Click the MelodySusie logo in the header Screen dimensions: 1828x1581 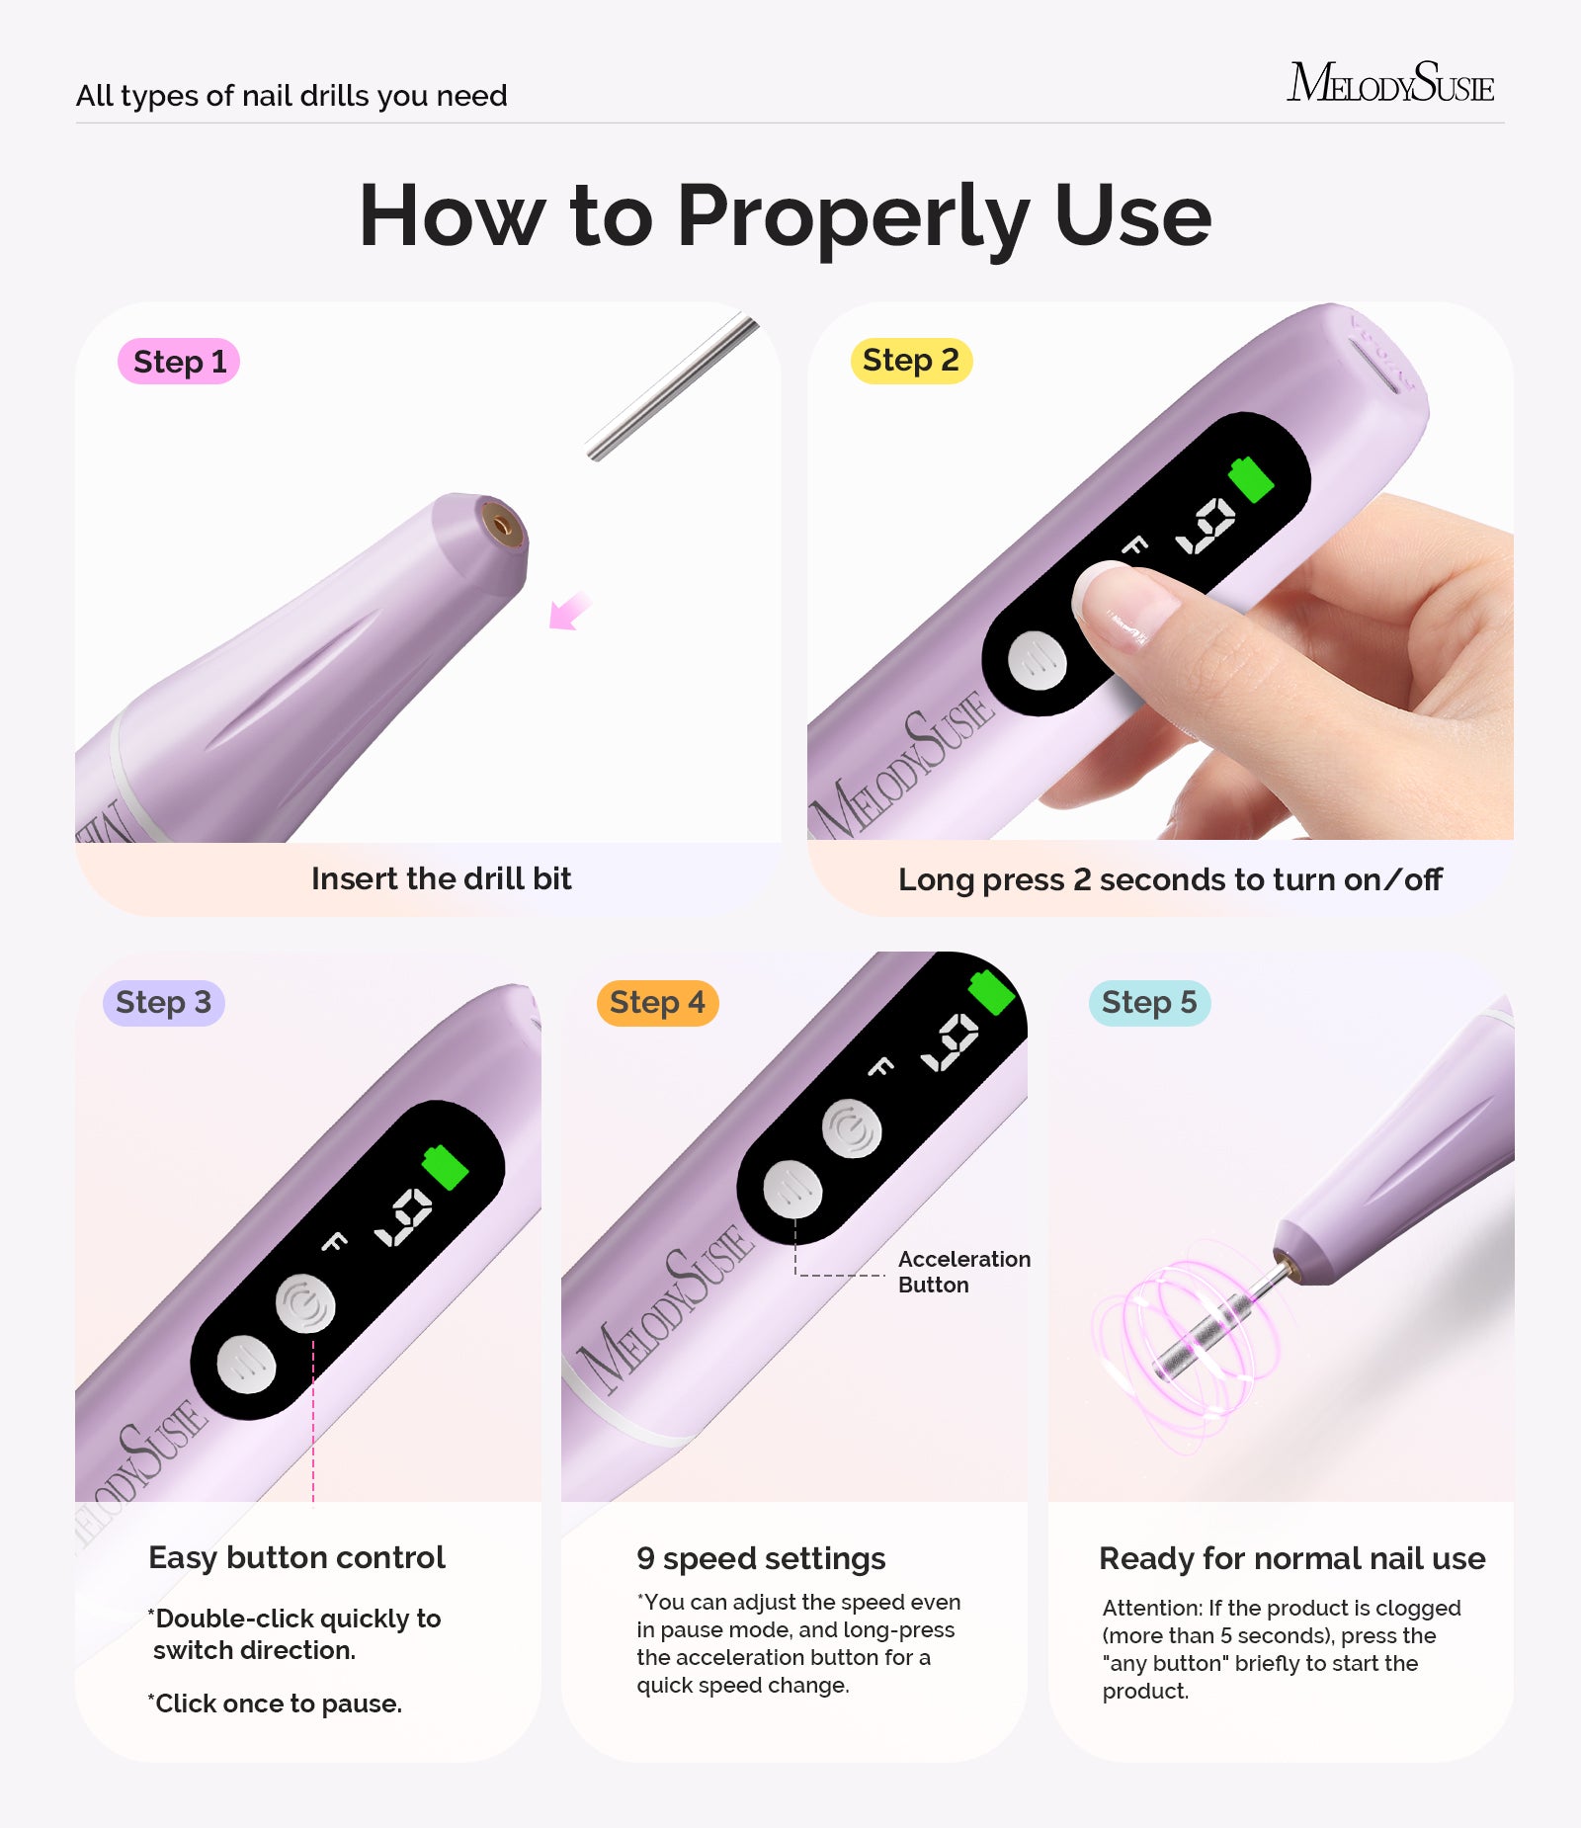[1390, 83]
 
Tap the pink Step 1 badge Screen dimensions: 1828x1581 [179, 362]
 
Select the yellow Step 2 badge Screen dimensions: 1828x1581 [911, 361]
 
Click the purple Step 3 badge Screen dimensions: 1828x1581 [164, 1003]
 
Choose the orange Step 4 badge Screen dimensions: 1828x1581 [657, 1003]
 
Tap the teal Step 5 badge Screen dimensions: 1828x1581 [1149, 1003]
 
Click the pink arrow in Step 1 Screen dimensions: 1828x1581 [569, 612]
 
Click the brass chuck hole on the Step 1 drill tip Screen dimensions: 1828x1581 [502, 525]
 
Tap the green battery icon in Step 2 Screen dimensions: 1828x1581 [1251, 479]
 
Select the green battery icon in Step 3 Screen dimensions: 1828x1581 [445, 1167]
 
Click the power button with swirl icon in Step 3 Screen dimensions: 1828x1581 [305, 1303]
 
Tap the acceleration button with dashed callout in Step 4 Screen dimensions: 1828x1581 [792, 1191]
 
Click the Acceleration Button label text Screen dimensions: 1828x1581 [963, 1272]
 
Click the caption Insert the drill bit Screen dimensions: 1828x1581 [441, 878]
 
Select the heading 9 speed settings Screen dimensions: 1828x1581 [761, 1558]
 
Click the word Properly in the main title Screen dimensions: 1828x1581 [854, 216]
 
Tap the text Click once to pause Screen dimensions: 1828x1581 [278, 1703]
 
